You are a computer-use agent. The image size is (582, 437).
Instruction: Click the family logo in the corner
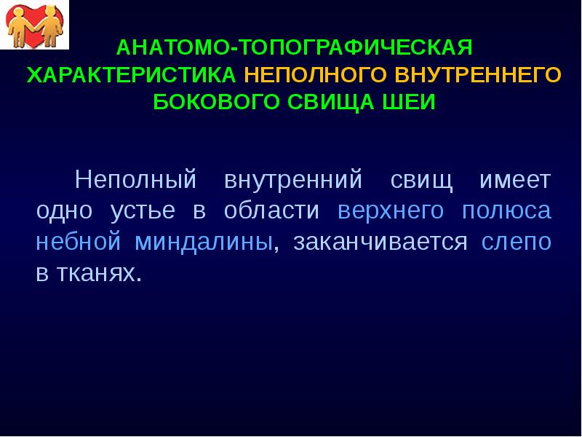(x=34, y=24)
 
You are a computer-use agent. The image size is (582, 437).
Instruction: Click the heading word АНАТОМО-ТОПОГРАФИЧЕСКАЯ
(x=295, y=49)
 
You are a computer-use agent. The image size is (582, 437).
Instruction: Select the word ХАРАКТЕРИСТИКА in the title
(x=132, y=75)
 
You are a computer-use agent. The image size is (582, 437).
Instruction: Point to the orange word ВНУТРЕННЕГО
(x=479, y=75)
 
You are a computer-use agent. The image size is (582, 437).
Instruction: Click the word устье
(x=143, y=211)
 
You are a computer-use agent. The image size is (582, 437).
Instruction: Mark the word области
(x=271, y=211)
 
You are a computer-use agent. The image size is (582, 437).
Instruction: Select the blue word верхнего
(x=391, y=211)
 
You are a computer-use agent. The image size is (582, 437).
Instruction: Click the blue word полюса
(x=506, y=211)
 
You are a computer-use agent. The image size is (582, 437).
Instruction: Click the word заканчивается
(x=380, y=243)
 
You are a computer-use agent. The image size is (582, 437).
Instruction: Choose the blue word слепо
(x=517, y=243)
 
